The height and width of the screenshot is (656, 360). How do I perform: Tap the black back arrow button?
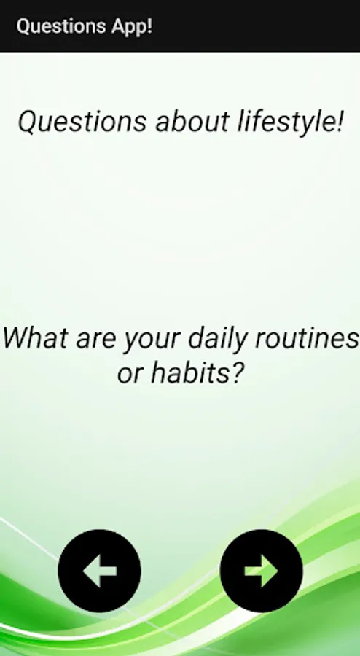[x=100, y=571]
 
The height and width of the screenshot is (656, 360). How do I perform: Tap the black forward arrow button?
[x=262, y=571]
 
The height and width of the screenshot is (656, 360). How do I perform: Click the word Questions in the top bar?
[x=61, y=26]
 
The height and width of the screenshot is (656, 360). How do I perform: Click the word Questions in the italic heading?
[x=82, y=122]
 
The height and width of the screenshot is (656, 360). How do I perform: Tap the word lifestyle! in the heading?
[x=291, y=122]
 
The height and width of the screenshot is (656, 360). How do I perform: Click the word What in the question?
[x=35, y=338]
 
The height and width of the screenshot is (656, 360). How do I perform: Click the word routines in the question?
[x=307, y=338]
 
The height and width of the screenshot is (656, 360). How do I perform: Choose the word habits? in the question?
[x=197, y=372]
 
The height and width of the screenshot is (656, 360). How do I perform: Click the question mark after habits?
[x=236, y=372]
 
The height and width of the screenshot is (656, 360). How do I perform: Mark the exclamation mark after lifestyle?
[x=339, y=122]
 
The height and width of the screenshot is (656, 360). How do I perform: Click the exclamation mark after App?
[x=149, y=26]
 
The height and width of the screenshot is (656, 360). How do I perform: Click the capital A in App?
[x=118, y=26]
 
